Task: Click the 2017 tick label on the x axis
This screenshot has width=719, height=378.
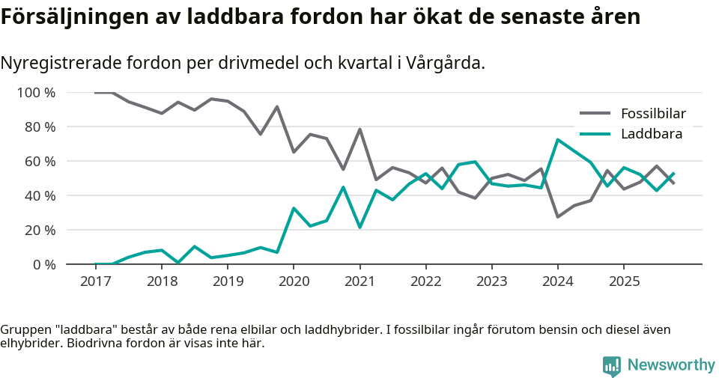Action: point(95,281)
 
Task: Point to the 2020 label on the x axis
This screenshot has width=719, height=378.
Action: point(294,281)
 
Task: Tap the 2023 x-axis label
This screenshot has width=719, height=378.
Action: point(491,281)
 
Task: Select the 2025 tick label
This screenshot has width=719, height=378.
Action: point(624,281)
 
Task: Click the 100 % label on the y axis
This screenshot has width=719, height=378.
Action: point(37,93)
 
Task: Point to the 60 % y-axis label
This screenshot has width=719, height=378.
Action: point(40,162)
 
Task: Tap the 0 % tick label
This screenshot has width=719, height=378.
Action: point(44,264)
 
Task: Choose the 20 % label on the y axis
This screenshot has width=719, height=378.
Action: point(40,230)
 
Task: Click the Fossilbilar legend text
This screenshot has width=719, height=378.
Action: point(653,114)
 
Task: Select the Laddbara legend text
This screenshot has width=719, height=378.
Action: point(652,134)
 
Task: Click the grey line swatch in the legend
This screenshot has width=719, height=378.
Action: point(595,114)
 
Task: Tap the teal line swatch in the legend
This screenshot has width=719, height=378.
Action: point(595,134)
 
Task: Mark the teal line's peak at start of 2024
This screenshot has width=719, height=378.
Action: point(557,140)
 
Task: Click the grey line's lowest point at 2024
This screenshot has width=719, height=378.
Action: point(557,216)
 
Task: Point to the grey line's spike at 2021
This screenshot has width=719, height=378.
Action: point(359,129)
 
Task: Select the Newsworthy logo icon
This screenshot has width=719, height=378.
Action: point(612,365)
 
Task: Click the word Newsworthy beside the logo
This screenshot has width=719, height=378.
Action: point(671,365)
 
